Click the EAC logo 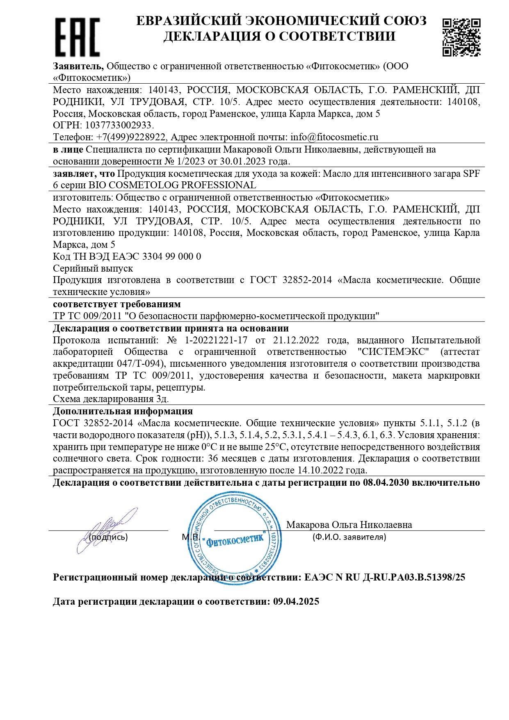(77, 37)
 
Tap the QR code (461, 37)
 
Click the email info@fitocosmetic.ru (334, 137)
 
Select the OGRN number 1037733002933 (119, 125)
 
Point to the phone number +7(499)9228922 (131, 137)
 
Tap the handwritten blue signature (106, 529)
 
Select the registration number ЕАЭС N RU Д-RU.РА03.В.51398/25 (384, 577)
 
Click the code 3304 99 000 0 (171, 256)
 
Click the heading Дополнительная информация (123, 411)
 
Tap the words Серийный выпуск (93, 268)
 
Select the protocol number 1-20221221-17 (216, 340)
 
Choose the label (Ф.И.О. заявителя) (349, 537)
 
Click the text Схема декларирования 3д (111, 399)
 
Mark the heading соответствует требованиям (116, 304)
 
